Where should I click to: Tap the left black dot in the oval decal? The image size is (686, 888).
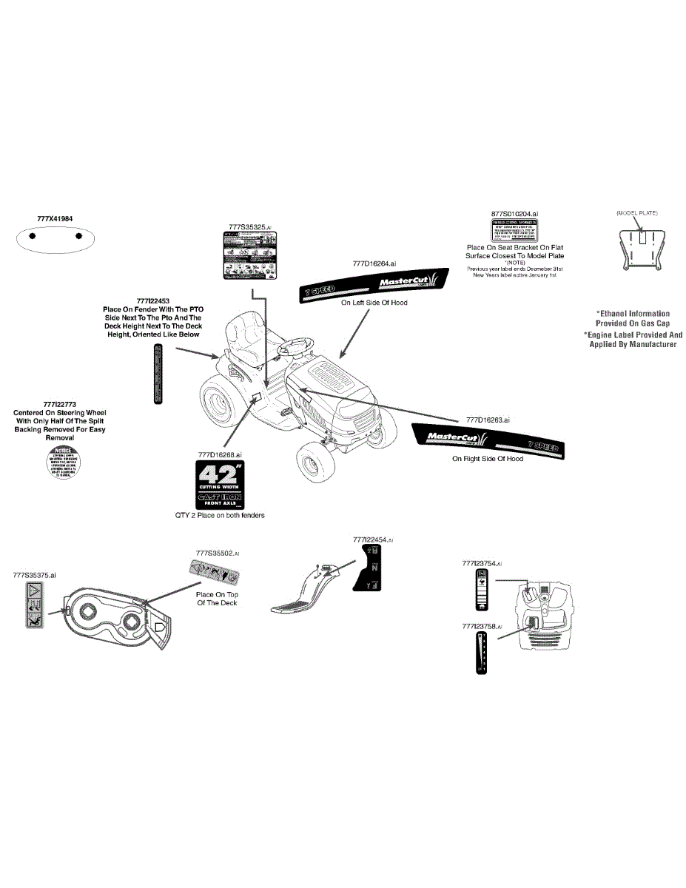pyautogui.click(x=33, y=238)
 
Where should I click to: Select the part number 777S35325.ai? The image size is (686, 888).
pyautogui.click(x=250, y=226)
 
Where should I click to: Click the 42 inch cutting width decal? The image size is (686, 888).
pyautogui.click(x=218, y=485)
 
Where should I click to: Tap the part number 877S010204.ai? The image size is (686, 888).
pyautogui.click(x=515, y=213)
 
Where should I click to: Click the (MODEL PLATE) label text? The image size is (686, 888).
pyautogui.click(x=637, y=213)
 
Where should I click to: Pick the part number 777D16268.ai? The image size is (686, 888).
pyautogui.click(x=220, y=454)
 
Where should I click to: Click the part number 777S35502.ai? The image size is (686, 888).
pyautogui.click(x=218, y=553)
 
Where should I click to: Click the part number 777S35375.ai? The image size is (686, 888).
pyautogui.click(x=35, y=574)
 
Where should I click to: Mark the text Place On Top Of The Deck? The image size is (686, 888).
pyautogui.click(x=217, y=599)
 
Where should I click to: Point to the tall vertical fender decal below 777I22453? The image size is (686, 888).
pyautogui.click(x=157, y=373)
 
